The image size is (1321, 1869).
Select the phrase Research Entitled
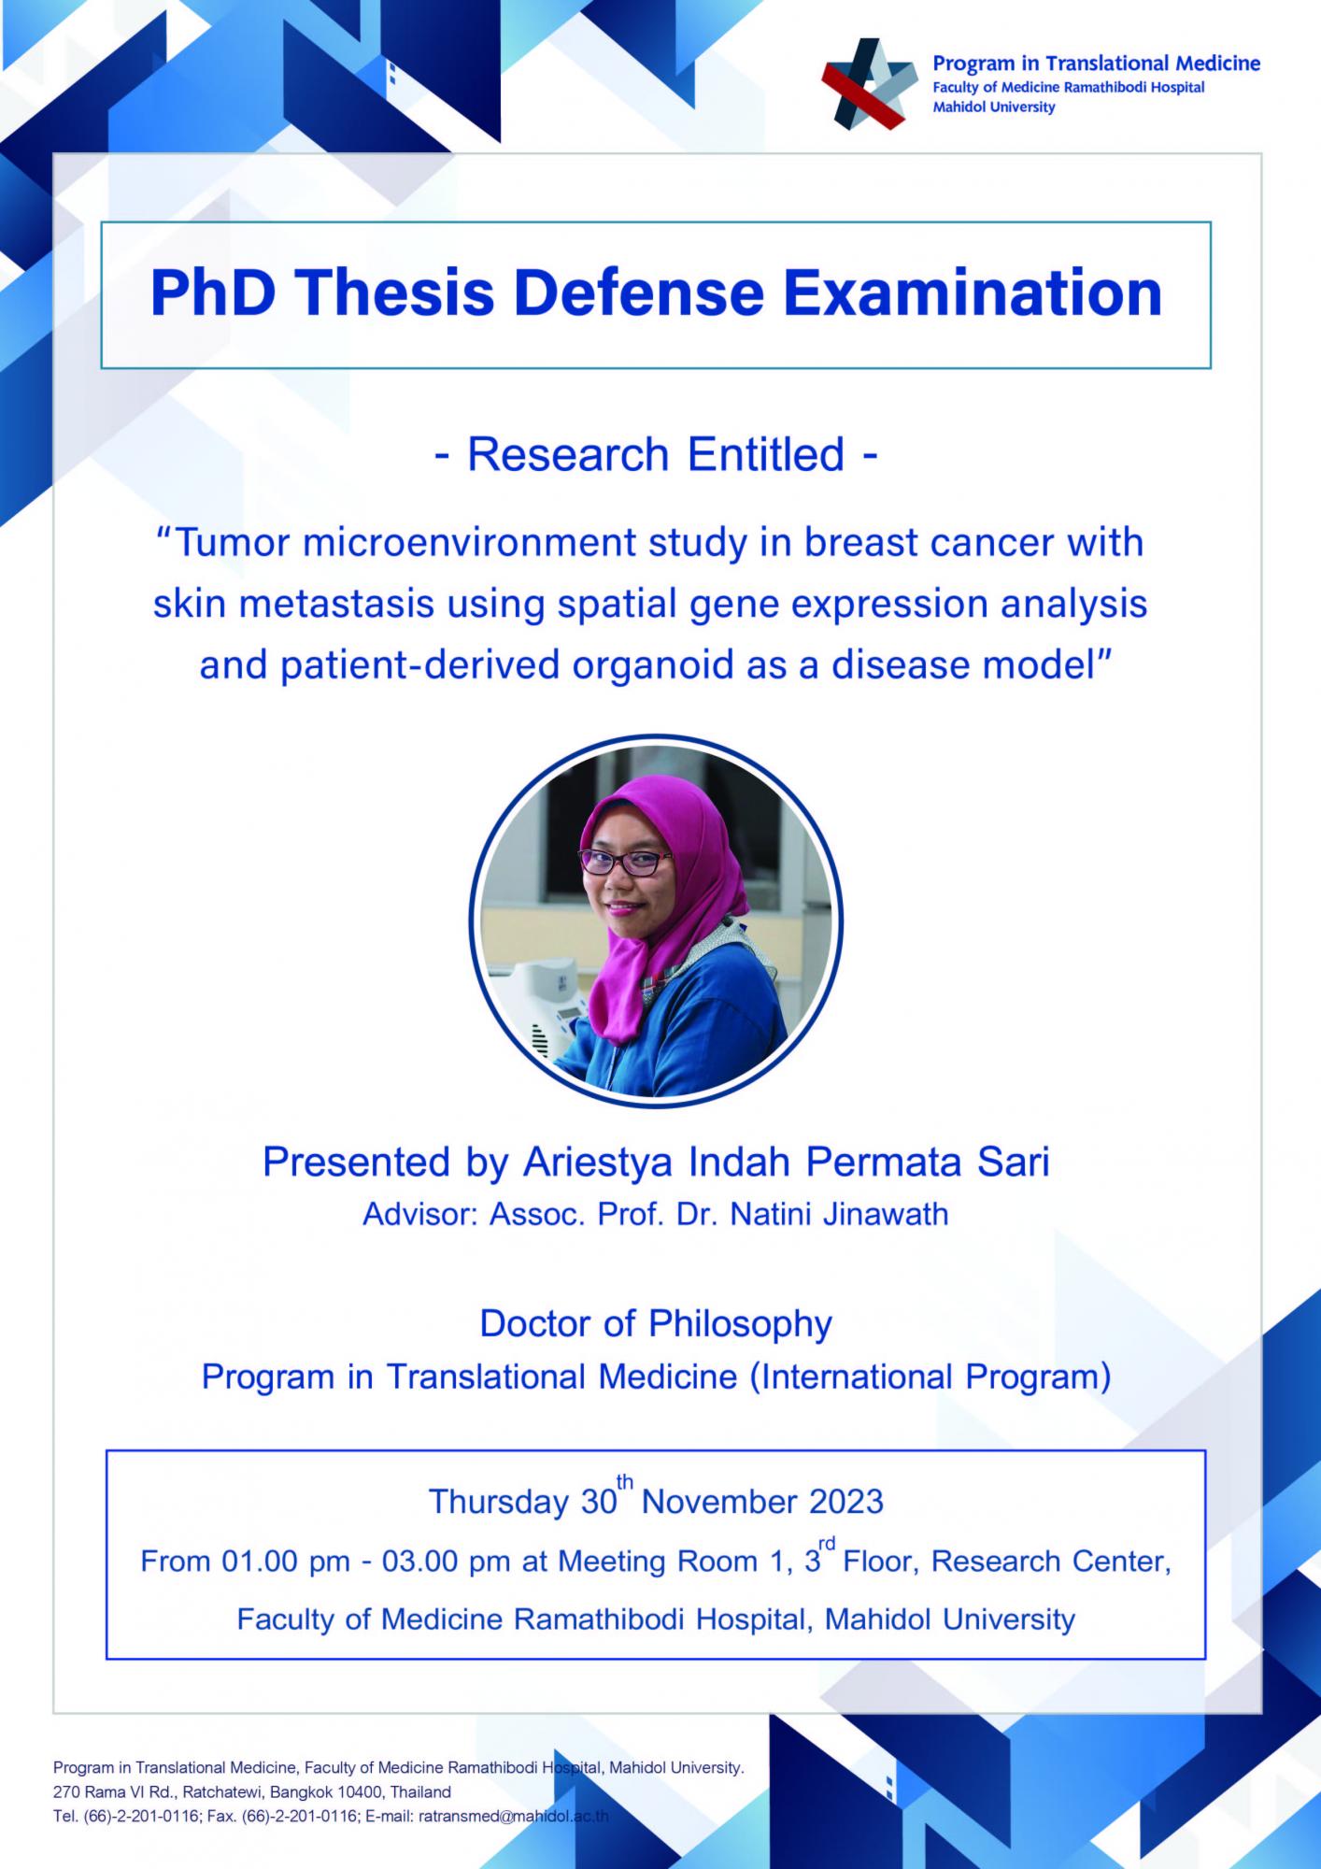tap(656, 455)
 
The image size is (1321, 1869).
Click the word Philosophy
tap(740, 1324)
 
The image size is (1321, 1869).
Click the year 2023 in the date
tap(846, 1502)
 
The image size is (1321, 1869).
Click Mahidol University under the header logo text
tap(994, 107)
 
